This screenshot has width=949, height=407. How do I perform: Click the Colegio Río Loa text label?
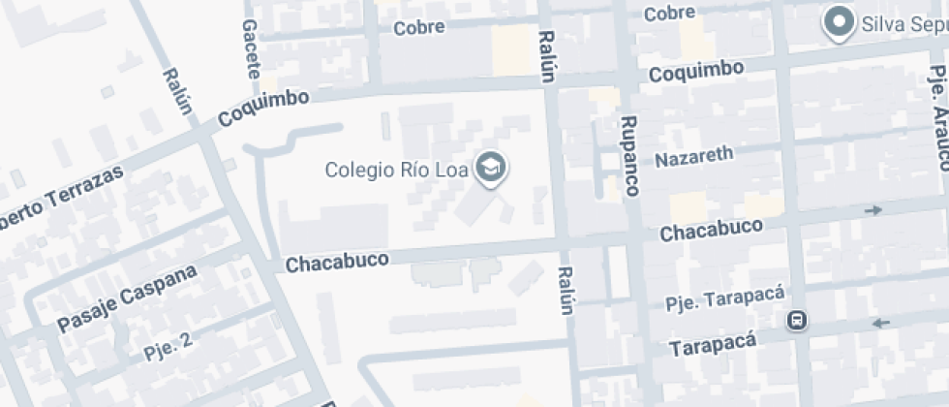tap(396, 171)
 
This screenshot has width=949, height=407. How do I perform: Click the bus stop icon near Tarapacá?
tap(797, 320)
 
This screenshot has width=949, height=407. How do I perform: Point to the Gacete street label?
tap(252, 48)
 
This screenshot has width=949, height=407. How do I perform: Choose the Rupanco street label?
tap(630, 156)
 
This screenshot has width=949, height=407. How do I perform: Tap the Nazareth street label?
tap(694, 156)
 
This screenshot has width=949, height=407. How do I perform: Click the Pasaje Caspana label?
tap(127, 297)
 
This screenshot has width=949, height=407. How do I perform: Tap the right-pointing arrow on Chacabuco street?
tap(874, 210)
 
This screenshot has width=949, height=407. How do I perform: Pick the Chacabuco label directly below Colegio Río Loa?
tap(337, 261)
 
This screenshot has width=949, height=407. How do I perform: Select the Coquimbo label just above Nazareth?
tap(696, 71)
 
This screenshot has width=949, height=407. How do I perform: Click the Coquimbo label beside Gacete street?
tap(264, 108)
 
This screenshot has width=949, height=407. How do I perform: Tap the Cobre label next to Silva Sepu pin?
tap(670, 13)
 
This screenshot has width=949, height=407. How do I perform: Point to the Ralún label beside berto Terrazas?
tap(179, 90)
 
